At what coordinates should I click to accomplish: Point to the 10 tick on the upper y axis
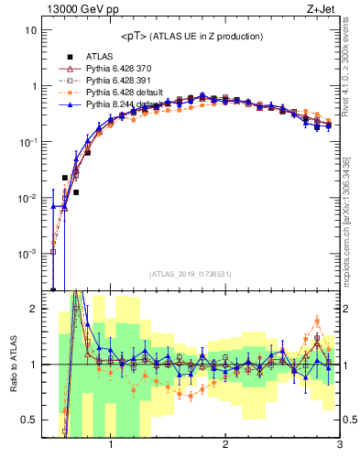point(30,29)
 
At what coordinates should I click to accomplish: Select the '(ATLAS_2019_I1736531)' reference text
point(191,274)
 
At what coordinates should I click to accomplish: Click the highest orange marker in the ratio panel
point(317,321)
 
